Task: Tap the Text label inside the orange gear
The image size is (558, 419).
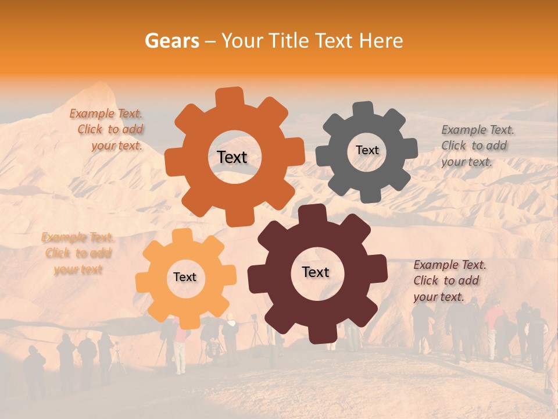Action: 232,157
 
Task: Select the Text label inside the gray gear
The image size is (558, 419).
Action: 367,150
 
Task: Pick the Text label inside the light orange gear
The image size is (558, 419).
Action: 185,277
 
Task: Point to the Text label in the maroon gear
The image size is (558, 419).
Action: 316,272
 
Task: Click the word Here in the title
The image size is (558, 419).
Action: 381,41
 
